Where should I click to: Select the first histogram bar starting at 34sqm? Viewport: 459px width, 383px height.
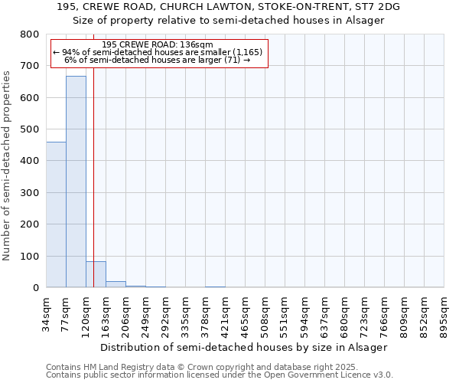[x=56, y=214]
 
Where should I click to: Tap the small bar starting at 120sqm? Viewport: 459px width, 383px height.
[x=96, y=274]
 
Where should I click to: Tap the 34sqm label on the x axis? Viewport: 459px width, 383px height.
[x=47, y=312]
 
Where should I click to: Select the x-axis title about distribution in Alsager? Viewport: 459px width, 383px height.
[x=244, y=347]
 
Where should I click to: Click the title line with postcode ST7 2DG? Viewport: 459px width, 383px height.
[x=229, y=7]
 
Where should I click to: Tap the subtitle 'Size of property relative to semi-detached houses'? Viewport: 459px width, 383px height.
[x=229, y=20]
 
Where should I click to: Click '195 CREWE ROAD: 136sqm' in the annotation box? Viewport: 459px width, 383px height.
[x=157, y=45]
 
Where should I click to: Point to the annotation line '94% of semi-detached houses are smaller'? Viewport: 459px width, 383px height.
[x=158, y=52]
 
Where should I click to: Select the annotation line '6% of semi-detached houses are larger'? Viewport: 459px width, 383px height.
[x=158, y=60]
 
